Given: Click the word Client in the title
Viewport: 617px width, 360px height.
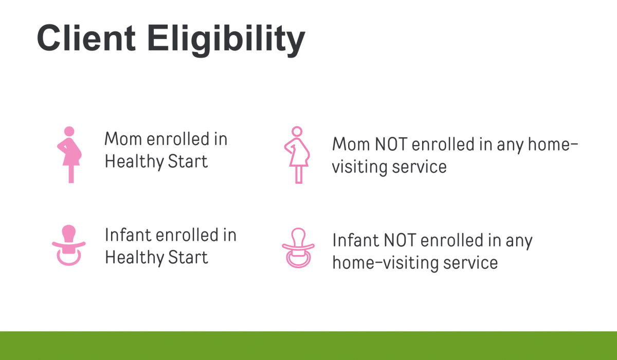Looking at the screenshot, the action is pyautogui.click(x=86, y=38).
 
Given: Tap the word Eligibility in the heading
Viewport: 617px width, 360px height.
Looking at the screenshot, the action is pyautogui.click(x=226, y=40).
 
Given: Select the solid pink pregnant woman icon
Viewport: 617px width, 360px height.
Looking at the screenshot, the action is pyautogui.click(x=69, y=155).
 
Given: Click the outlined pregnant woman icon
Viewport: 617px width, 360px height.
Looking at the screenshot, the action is pyautogui.click(x=297, y=155).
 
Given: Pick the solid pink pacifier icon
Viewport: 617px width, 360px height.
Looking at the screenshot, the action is pyautogui.click(x=69, y=245).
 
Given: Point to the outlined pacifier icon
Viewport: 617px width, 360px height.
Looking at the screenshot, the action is pyautogui.click(x=298, y=248).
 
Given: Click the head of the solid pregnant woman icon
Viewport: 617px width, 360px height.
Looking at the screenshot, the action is pyautogui.click(x=69, y=131).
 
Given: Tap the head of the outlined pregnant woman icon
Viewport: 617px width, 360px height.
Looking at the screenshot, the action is pyautogui.click(x=297, y=131).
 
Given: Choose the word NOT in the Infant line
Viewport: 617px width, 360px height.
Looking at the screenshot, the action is pyautogui.click(x=400, y=241).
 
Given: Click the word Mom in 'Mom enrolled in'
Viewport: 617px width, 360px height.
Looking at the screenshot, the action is pyautogui.click(x=123, y=139).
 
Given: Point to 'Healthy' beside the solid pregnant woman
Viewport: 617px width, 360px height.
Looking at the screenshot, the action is pyautogui.click(x=134, y=162).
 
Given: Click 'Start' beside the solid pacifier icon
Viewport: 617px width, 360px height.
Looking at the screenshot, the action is pyautogui.click(x=188, y=258).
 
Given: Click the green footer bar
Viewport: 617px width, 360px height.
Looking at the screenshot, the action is pyautogui.click(x=308, y=346).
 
